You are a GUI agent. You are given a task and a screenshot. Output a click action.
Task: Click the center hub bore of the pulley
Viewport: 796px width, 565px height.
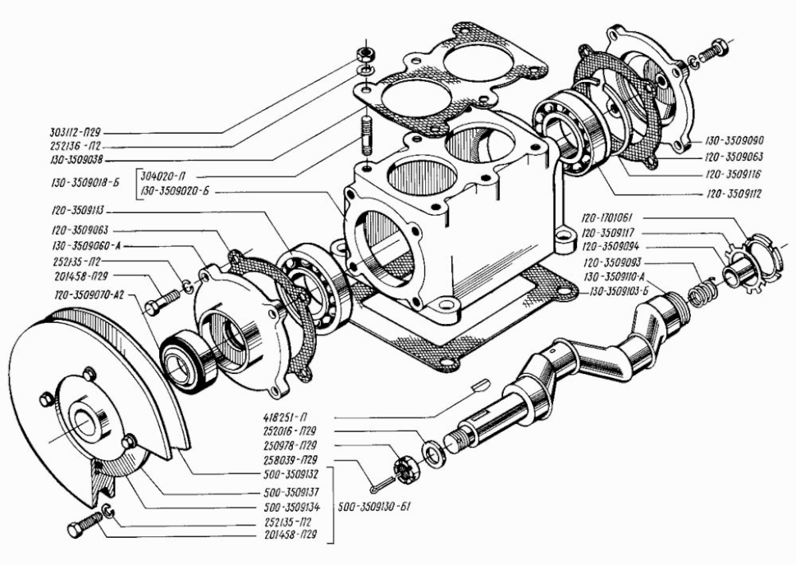point(85,422)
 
